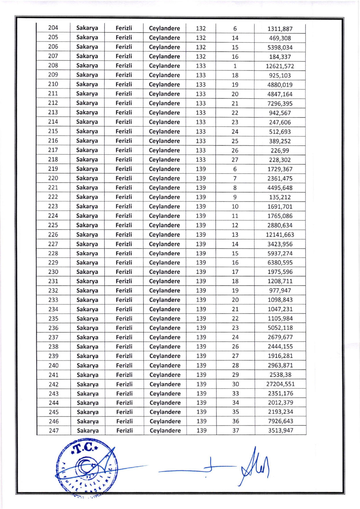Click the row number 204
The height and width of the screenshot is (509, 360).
(x=53, y=28)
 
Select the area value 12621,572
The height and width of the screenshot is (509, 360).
(x=280, y=66)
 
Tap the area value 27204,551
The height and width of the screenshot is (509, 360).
(x=280, y=384)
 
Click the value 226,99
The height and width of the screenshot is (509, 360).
(x=280, y=150)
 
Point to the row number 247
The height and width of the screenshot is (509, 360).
(x=54, y=431)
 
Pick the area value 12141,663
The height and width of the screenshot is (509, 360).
(x=280, y=235)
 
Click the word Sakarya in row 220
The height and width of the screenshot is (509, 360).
(x=87, y=178)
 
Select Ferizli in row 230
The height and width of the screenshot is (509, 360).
(x=124, y=272)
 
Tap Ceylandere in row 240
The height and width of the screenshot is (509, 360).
(x=165, y=365)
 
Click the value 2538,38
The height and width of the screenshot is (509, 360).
(x=280, y=375)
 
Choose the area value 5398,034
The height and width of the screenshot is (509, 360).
(x=280, y=47)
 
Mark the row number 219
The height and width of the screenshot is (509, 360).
(x=53, y=169)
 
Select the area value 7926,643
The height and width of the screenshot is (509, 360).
(x=280, y=421)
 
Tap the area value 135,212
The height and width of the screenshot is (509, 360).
(x=280, y=197)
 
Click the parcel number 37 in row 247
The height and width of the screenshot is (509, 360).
(x=236, y=431)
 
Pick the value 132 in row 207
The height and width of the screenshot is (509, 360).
(x=201, y=57)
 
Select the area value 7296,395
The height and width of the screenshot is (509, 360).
(x=280, y=104)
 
